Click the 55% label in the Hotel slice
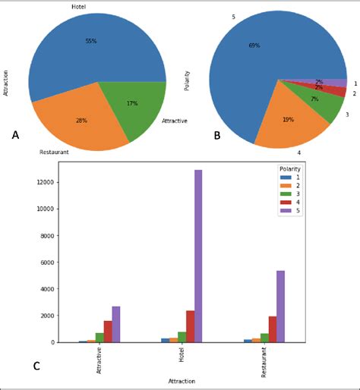(x=91, y=41)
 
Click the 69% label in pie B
(x=254, y=46)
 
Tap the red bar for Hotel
(x=190, y=326)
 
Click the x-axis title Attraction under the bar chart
(x=182, y=381)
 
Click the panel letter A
(x=15, y=135)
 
